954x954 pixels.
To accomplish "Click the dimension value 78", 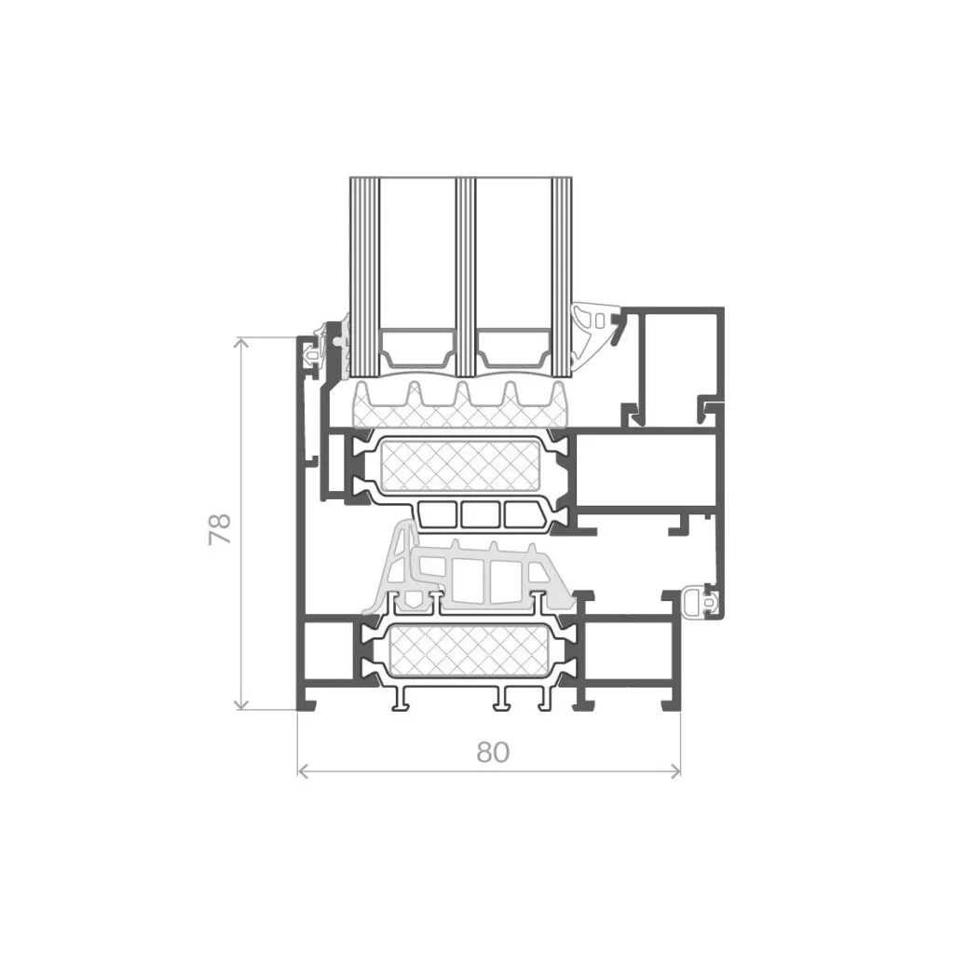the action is [220, 528].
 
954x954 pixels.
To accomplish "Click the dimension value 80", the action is [493, 753].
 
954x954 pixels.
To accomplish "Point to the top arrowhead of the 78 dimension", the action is [241, 343].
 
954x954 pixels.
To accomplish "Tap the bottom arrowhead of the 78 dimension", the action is [241, 704].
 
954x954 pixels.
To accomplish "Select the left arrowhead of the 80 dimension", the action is [304, 770].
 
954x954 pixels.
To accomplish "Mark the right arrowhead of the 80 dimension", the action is [675, 770].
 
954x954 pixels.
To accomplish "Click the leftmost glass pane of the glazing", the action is [364, 278].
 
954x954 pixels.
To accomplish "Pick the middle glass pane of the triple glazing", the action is [465, 278].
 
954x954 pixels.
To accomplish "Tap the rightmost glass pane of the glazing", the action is [562, 278].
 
